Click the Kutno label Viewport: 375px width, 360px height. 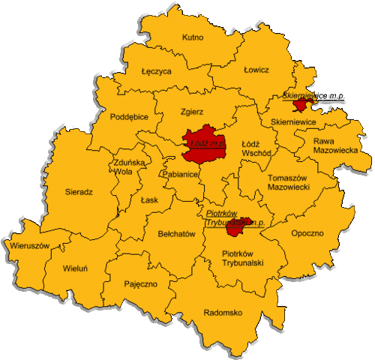coord(193,37)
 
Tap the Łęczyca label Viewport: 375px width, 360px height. coord(156,72)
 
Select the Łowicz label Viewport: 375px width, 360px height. coord(256,70)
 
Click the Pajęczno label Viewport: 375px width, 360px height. coord(140,284)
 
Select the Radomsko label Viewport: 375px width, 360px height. coord(223,313)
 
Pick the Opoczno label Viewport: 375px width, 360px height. coord(307,233)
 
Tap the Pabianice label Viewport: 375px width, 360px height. coord(179,174)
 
